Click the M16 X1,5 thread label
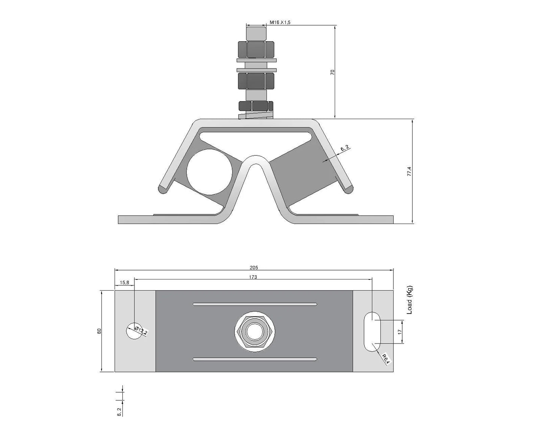[280, 22]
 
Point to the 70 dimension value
[332, 72]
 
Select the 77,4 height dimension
[409, 172]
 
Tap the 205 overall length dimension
[254, 267]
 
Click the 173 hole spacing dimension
[253, 277]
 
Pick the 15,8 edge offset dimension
[124, 283]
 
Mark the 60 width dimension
[99, 331]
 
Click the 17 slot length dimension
[399, 332]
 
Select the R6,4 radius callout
[386, 359]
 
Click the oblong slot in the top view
[372, 331]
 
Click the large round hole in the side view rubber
[209, 172]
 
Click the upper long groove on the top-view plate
[255, 304]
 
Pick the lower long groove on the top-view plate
[255, 359]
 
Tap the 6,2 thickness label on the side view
[345, 149]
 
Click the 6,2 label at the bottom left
[119, 412]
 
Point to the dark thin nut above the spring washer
[256, 106]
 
